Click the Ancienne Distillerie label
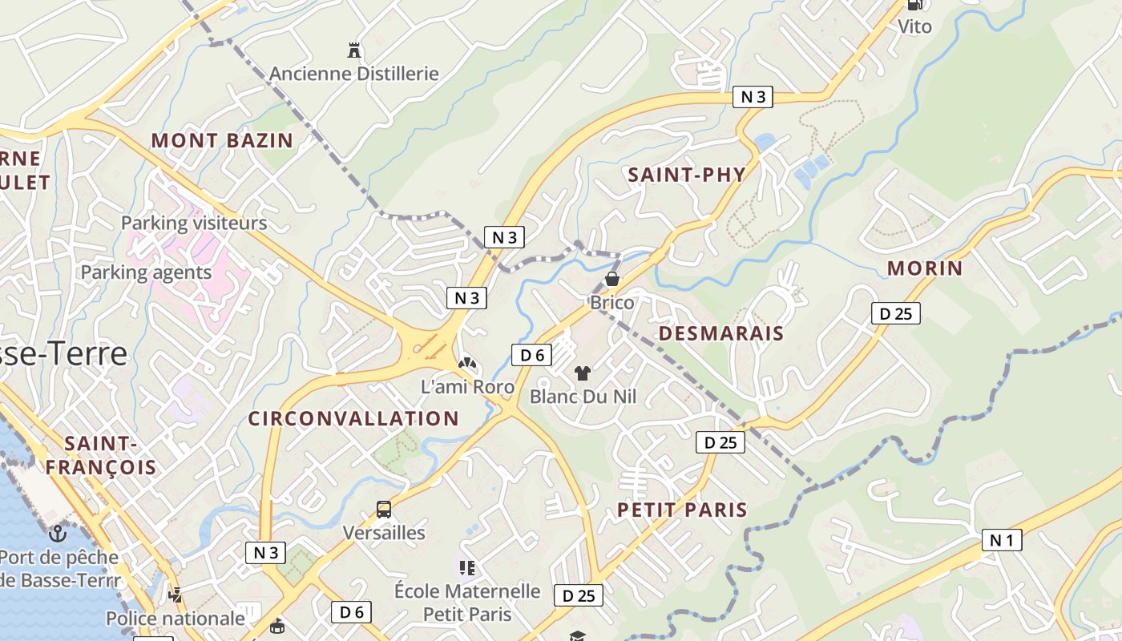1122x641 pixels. tap(353, 74)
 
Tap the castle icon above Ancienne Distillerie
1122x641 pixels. tap(354, 50)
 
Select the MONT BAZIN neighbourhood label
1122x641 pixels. tap(222, 141)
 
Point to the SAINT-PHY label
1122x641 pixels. tap(687, 175)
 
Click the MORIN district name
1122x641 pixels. tap(925, 268)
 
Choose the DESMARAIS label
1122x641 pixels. tap(720, 334)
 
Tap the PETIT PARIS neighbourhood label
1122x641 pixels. tap(682, 510)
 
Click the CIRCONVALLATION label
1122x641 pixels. tap(353, 418)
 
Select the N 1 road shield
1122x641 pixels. tap(1002, 540)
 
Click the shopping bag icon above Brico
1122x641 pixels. tap(612, 279)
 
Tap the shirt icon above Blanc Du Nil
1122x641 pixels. tap(583, 373)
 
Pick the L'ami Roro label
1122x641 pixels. tap(468, 387)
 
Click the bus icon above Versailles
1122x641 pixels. tap(384, 509)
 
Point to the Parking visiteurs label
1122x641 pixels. tap(194, 223)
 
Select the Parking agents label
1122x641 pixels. tap(146, 272)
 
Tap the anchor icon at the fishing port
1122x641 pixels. tap(58, 533)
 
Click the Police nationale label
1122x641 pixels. tap(176, 619)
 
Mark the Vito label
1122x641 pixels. tap(914, 26)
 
